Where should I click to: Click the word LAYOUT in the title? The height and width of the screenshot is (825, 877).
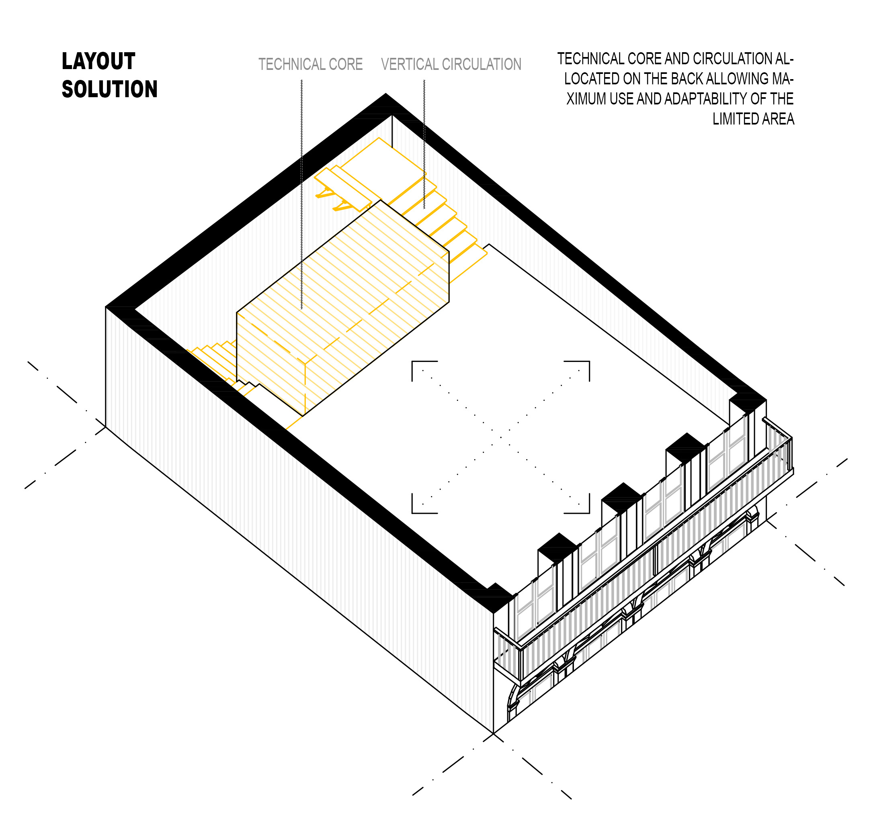pyautogui.click(x=98, y=61)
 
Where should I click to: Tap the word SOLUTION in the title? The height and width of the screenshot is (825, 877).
pyautogui.click(x=109, y=89)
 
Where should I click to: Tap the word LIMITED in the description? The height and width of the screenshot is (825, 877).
pyautogui.click(x=733, y=118)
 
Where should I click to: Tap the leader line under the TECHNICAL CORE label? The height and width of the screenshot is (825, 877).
pyautogui.click(x=302, y=194)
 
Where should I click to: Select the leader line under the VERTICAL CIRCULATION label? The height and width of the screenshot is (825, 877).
pyautogui.click(x=424, y=144)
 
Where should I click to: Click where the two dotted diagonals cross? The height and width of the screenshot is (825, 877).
pyautogui.click(x=501, y=437)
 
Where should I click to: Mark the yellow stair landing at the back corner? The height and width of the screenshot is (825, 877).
pyautogui.click(x=383, y=157)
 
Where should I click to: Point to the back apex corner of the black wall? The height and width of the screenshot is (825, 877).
pyautogui.click(x=386, y=94)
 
